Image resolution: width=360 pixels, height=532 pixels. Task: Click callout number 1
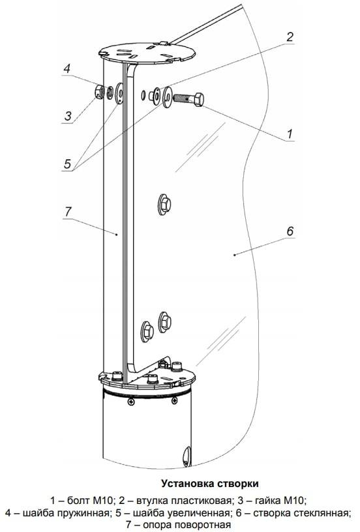[290, 134]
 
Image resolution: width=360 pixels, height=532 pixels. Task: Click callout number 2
[290, 37]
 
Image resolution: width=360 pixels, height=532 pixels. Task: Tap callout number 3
[68, 116]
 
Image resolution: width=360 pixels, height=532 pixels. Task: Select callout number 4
[67, 68]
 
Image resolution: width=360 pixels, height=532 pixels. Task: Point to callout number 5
[68, 164]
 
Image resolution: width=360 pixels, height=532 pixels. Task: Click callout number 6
[290, 231]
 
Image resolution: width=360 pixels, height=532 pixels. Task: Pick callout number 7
[68, 211]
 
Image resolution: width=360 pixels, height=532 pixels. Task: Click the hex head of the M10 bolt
[199, 99]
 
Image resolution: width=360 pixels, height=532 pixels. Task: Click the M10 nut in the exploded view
[99, 92]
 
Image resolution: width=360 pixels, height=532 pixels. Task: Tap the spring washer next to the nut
[110, 93]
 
